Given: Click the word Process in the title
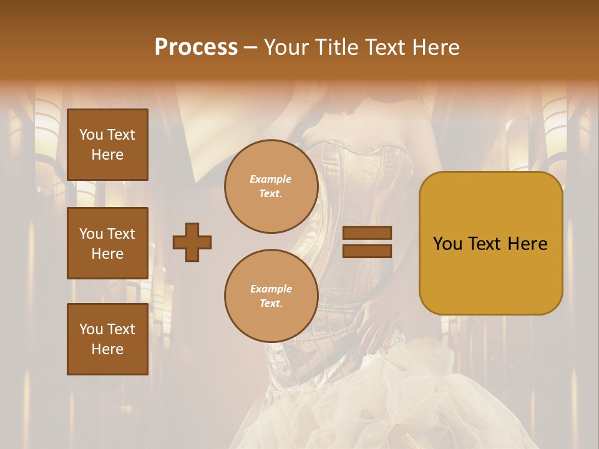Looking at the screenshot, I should [x=196, y=47].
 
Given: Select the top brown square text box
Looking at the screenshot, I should [x=107, y=145].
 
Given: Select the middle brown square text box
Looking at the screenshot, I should [x=107, y=243].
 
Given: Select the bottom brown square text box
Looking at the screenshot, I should [x=107, y=339].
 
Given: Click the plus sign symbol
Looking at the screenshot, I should [x=192, y=242].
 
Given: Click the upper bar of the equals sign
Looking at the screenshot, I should [x=368, y=233].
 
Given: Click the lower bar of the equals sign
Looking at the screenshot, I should [x=368, y=251].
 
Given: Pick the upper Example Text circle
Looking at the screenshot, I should [x=271, y=186].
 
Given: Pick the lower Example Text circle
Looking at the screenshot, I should [x=271, y=296].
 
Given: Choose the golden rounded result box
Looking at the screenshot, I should [x=490, y=243].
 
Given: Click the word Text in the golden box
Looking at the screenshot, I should [x=489, y=244].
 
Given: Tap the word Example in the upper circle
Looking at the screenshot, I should [x=271, y=179].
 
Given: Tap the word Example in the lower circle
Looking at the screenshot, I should [x=271, y=289].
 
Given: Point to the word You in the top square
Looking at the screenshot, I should [x=91, y=135].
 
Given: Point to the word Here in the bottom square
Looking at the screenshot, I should [x=107, y=349].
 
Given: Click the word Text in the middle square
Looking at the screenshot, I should [x=120, y=234].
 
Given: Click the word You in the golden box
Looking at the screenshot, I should [x=447, y=244].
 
